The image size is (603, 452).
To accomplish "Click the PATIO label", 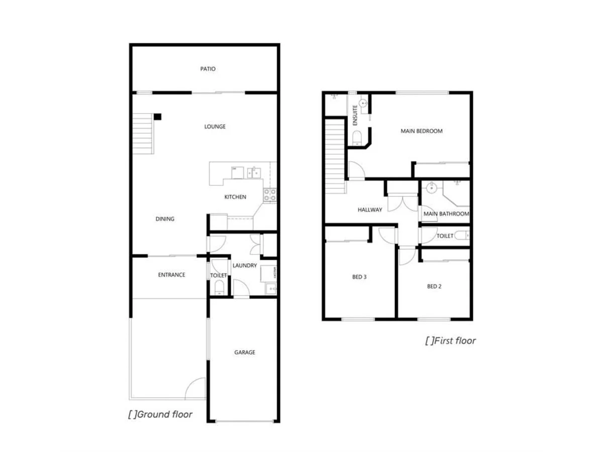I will pos(208,69).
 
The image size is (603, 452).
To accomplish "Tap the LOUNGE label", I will pos(215,127).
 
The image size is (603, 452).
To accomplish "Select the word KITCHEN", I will pos(235,197).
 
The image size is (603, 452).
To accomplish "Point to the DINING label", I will pos(165,219).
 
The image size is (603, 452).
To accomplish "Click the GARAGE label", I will pos(245,352).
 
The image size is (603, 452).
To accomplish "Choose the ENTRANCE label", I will pos(172,275).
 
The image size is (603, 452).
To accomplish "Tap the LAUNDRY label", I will pos(245,265).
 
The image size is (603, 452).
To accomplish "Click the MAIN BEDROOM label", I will pos(422,131).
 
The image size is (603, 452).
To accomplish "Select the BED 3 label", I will pos(359,276).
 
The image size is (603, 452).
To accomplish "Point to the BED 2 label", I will pos(434,286).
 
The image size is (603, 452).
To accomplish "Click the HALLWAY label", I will pos(370,210).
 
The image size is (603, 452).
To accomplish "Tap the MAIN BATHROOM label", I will pos(446,214).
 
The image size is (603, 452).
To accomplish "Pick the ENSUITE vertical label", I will pos(355,115).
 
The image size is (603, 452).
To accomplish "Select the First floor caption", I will pos(450,341).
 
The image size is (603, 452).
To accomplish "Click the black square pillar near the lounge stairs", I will pos(158,117).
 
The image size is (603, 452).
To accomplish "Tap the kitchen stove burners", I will pos(270,195).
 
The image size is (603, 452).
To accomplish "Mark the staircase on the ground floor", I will pos(143,135).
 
